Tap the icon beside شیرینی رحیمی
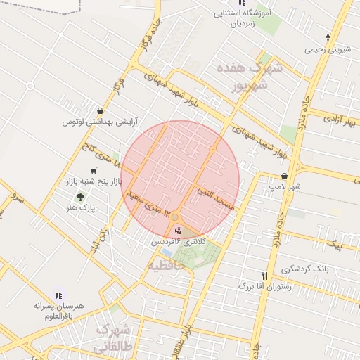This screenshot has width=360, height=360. (328, 37)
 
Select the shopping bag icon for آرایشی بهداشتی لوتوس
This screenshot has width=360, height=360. (102, 110)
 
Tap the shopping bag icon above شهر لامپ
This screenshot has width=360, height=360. (284, 176)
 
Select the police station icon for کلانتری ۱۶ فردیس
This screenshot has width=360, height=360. (177, 230)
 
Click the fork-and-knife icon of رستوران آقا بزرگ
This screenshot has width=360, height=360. (264, 276)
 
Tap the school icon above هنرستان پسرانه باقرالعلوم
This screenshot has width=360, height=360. (58, 295)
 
